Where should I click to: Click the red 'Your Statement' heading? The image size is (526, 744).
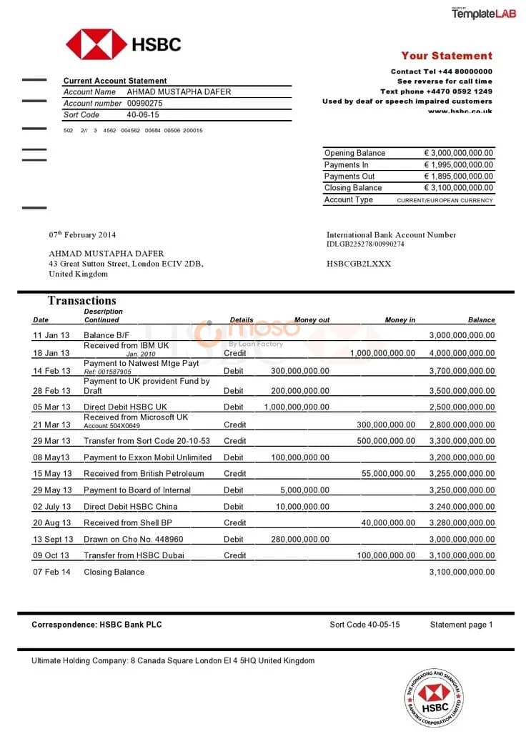click(447, 56)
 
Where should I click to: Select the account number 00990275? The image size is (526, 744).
click(145, 104)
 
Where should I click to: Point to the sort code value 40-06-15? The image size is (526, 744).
click(143, 115)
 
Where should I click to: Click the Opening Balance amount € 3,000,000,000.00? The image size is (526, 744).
click(458, 153)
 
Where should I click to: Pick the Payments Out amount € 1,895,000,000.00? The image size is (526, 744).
click(458, 177)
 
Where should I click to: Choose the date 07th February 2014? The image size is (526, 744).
click(82, 235)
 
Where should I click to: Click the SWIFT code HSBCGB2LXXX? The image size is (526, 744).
click(359, 264)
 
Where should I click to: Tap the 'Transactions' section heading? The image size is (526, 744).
click(81, 301)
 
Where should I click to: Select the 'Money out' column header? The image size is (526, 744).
click(312, 320)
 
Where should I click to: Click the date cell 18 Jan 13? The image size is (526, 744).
click(51, 353)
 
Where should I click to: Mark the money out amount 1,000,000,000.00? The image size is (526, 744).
click(297, 407)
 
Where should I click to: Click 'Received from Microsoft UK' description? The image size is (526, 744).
click(136, 417)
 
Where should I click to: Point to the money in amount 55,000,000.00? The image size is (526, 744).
click(388, 474)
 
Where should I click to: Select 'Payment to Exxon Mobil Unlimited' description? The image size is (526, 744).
click(147, 457)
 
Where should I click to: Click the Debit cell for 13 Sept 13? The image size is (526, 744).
click(234, 540)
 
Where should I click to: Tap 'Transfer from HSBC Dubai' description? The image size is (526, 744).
click(134, 556)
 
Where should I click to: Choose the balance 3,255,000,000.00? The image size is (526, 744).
click(462, 474)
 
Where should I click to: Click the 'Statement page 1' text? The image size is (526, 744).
click(461, 625)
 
